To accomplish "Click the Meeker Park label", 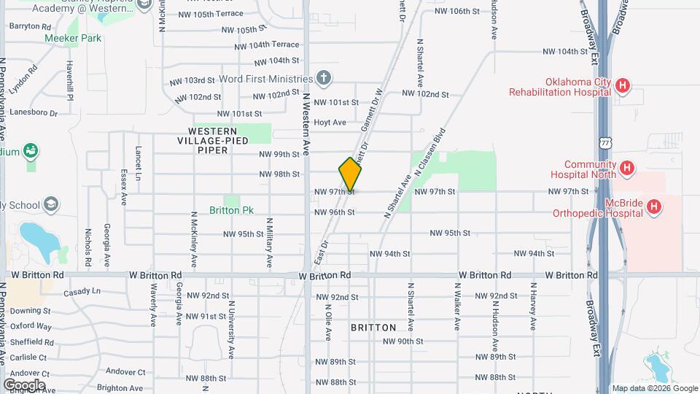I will [73, 38].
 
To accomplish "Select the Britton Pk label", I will [231, 210].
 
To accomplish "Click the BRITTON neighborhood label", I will [373, 328].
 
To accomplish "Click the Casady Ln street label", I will [82, 292].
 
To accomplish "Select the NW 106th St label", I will [457, 11].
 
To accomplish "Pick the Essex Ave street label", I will [124, 188].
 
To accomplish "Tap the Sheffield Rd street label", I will [32, 341].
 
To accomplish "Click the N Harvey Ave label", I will [533, 311].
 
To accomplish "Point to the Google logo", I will [24, 385].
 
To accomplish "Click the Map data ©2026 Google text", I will [654, 388].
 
